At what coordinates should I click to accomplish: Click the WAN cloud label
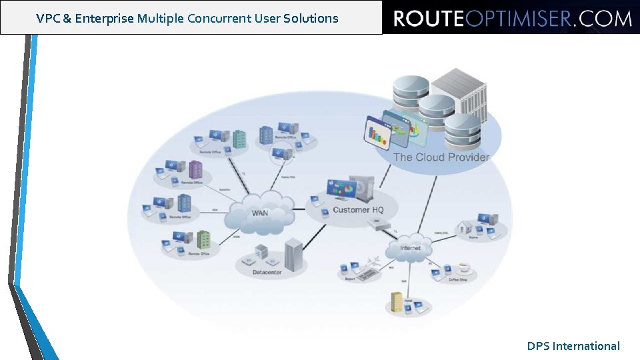pos(260,213)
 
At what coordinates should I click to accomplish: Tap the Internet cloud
pos(410,247)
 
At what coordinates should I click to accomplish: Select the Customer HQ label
pos(358,210)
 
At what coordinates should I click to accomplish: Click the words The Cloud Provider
pos(441,157)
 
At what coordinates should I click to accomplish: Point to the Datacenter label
pos(268,273)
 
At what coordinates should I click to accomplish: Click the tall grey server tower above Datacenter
pos(293,253)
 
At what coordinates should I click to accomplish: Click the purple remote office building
pos(195,169)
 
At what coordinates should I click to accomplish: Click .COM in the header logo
pos(603,19)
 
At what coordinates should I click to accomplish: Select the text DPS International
pos(573,346)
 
